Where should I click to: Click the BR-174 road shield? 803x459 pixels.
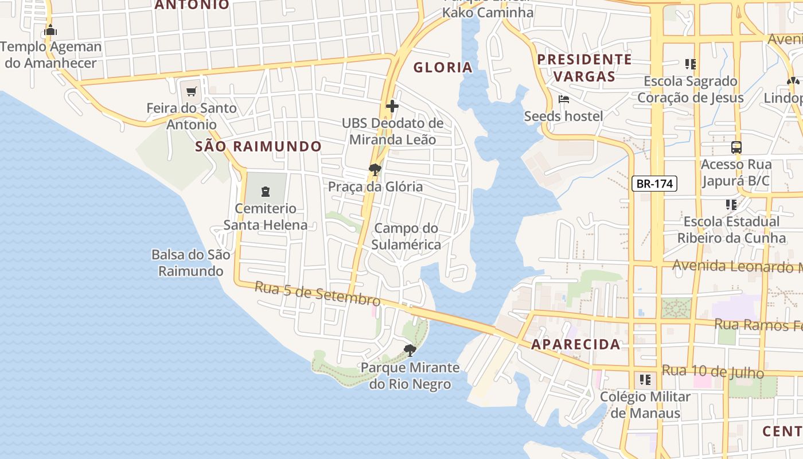point(654,184)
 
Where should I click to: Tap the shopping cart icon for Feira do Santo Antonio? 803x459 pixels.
point(192,91)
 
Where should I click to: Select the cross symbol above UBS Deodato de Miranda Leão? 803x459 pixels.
point(392,106)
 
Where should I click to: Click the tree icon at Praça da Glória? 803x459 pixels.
point(375,169)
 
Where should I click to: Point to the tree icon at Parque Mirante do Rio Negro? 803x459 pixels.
point(410,350)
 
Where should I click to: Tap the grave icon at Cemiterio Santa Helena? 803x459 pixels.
point(265,190)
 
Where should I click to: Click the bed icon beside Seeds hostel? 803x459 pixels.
point(564,99)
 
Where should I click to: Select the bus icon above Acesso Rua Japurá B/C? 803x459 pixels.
point(736,147)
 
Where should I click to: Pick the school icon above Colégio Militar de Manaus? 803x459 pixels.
point(645,380)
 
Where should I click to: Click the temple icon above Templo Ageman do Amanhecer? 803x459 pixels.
point(50,30)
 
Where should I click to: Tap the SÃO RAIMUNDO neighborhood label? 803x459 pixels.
point(259,146)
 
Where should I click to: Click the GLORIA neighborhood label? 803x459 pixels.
point(443,68)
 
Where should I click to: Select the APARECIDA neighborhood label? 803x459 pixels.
point(575,344)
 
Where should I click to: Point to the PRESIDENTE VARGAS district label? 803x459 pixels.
point(584,68)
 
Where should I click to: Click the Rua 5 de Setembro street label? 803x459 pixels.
point(317,293)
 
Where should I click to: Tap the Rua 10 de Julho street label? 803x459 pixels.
point(712,371)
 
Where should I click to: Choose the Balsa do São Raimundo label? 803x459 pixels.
point(190,263)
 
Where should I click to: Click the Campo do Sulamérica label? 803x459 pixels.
point(406,236)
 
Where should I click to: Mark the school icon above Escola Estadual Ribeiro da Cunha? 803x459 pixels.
point(731,204)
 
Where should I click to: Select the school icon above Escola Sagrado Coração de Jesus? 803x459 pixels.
point(690,64)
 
